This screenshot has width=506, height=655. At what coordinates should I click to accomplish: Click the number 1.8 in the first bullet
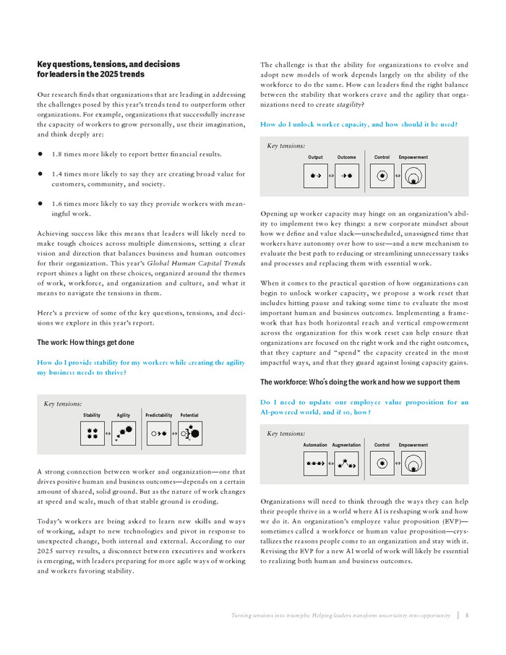(x=58, y=154)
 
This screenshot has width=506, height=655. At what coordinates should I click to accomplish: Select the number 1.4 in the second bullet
(x=58, y=174)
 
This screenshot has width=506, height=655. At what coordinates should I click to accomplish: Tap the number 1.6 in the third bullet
(x=58, y=205)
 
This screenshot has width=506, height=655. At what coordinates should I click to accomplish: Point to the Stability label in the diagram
(x=92, y=415)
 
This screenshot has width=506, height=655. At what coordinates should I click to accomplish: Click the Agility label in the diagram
(x=124, y=415)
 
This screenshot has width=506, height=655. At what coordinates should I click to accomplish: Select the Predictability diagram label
(x=159, y=415)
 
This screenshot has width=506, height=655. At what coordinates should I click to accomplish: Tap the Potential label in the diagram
(x=189, y=415)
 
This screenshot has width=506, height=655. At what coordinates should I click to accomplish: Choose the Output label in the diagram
(x=315, y=157)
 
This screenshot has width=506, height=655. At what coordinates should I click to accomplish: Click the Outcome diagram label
(x=346, y=157)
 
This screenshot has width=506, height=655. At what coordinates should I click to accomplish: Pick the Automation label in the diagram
(x=315, y=445)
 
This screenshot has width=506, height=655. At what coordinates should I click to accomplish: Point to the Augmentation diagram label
(x=346, y=445)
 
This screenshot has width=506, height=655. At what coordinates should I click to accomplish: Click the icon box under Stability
(x=92, y=434)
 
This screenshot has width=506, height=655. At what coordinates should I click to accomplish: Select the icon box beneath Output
(x=315, y=175)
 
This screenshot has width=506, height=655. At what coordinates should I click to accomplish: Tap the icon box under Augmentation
(x=348, y=463)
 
